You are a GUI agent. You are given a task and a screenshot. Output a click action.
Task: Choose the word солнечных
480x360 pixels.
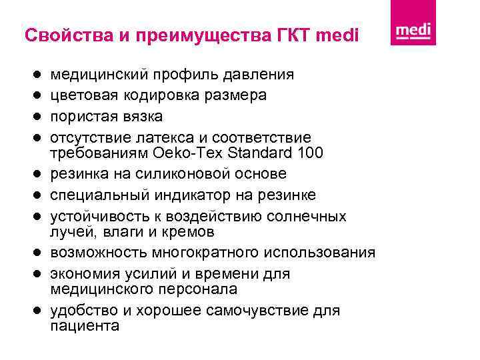click(x=306, y=216)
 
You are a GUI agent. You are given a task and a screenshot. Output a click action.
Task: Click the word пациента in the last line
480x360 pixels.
click(x=85, y=326)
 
